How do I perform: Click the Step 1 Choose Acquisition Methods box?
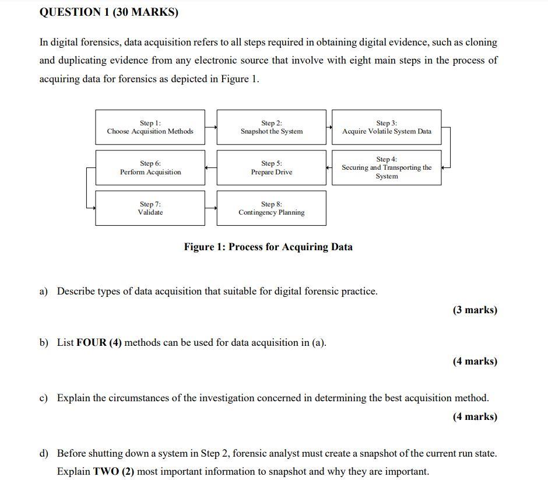coord(150,127)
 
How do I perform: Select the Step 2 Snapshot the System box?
coord(272,127)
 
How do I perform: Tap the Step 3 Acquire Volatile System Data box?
coord(387,127)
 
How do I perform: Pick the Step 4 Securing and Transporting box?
coord(387,167)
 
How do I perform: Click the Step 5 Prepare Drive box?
coord(272,167)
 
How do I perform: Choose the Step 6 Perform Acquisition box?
coord(150,167)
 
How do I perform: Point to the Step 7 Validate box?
coord(150,208)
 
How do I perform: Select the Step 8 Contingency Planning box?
coord(272,208)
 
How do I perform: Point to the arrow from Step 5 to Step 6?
coord(211,167)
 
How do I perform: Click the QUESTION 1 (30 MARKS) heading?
coord(108,12)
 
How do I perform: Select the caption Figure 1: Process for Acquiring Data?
coord(268,247)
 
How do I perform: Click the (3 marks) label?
coord(475,310)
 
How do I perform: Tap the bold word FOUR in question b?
coord(91,342)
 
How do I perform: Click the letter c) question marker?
coord(43,398)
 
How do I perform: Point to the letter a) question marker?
coord(43,291)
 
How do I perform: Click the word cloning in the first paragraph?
coord(480,42)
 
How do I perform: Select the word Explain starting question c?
coord(73,398)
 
